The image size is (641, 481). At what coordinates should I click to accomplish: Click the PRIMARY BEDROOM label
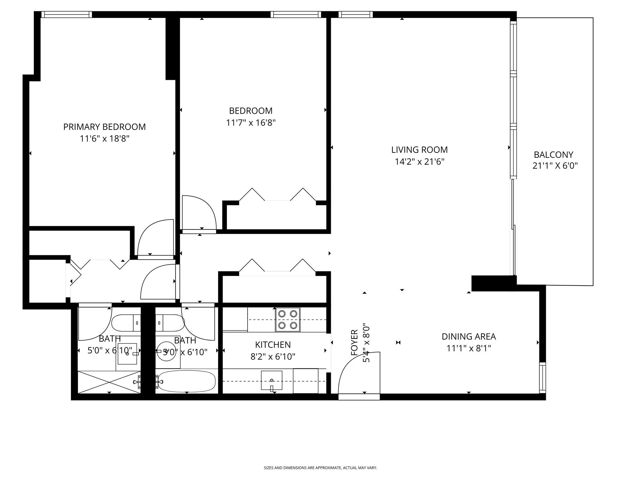coord(105,127)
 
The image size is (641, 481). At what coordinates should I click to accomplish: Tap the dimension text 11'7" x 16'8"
coord(251,123)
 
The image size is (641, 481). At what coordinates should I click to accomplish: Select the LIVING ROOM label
coord(419,150)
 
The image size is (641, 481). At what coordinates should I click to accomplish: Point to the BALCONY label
coord(553,155)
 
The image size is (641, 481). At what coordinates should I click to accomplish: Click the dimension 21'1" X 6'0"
coord(555,166)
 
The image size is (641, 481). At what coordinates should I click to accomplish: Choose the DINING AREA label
coord(469,337)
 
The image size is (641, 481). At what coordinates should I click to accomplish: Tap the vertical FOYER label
coord(354,343)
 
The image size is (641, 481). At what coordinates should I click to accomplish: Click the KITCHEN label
coord(273,345)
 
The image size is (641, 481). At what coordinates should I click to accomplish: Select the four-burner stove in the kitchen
coord(288,319)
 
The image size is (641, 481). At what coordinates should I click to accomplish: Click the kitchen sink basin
coord(271,380)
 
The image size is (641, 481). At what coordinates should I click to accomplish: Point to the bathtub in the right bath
coord(187,381)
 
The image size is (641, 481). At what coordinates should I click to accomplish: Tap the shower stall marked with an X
coord(109,382)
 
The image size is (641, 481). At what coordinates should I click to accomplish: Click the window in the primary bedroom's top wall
coord(67,14)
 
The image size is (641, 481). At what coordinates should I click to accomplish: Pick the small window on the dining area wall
coord(542,378)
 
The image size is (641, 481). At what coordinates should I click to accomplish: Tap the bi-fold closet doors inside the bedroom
coord(277,195)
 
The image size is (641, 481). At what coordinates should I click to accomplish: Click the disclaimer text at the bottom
coord(320,468)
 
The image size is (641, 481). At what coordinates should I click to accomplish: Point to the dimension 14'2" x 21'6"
coord(419,162)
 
